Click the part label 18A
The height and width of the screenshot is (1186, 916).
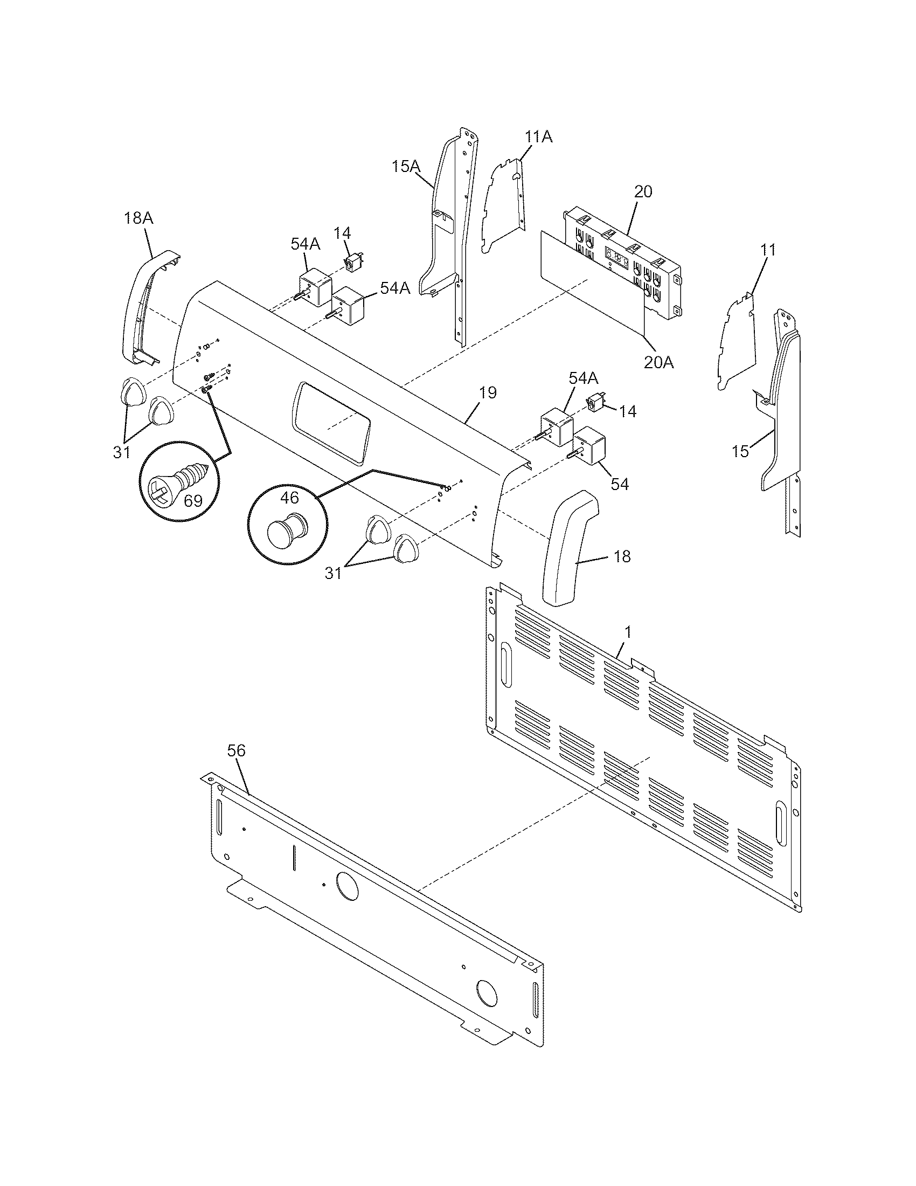pyautogui.click(x=138, y=218)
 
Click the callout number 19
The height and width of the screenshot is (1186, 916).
pyautogui.click(x=488, y=392)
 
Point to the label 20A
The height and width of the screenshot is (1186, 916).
pyautogui.click(x=658, y=363)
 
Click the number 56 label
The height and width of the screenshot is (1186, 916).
pyautogui.click(x=236, y=751)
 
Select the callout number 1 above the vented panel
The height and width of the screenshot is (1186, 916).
pyautogui.click(x=628, y=632)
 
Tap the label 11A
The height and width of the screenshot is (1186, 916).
pyautogui.click(x=538, y=137)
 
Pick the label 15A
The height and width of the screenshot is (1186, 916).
pyautogui.click(x=406, y=166)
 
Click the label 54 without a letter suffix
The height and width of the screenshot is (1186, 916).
pyautogui.click(x=619, y=484)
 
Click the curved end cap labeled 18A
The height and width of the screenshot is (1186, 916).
pyautogui.click(x=144, y=309)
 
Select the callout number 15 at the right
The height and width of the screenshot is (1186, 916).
pyautogui.click(x=740, y=451)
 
